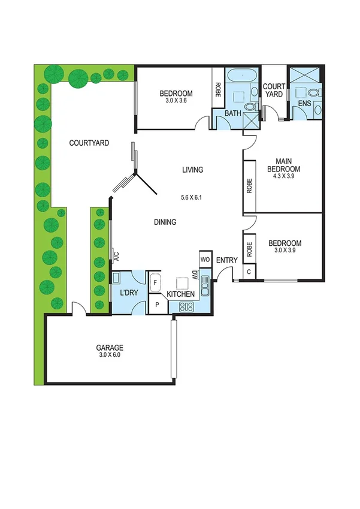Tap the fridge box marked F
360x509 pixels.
[156, 282]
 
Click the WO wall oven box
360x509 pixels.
[204, 260]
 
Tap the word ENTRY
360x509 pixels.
[227, 260]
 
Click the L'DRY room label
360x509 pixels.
[129, 293]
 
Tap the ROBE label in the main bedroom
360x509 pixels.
[249, 186]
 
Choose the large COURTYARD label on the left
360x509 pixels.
[89, 143]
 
